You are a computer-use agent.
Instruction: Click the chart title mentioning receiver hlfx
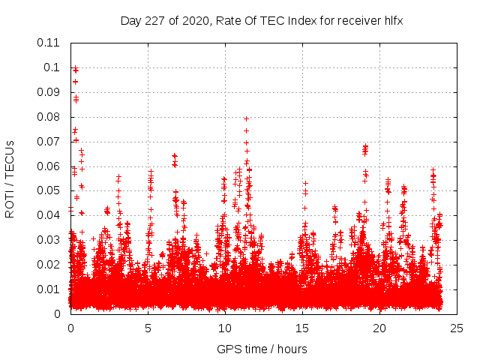pyautogui.click(x=262, y=21)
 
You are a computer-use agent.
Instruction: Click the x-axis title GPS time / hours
pyautogui.click(x=262, y=349)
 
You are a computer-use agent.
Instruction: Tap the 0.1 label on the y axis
pyautogui.click(x=52, y=67)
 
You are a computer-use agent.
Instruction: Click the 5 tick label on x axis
pyautogui.click(x=148, y=328)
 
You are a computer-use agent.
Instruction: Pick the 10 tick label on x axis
pyautogui.click(x=225, y=328)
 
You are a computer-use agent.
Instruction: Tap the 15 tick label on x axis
pyautogui.click(x=302, y=328)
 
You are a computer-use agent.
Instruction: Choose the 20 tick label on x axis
pyautogui.click(x=380, y=328)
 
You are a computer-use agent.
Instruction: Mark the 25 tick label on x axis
pyautogui.click(x=457, y=328)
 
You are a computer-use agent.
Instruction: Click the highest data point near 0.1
pyautogui.click(x=75, y=69)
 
